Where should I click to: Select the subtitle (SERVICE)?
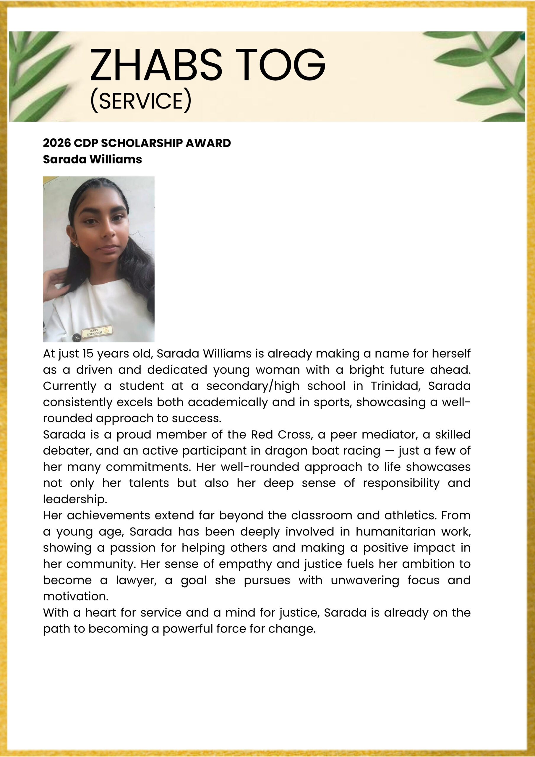tap(140, 100)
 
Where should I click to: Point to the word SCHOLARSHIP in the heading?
tap(141, 143)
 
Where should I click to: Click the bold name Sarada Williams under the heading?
tap(92, 159)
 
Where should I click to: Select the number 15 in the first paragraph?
tap(88, 353)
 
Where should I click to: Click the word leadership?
tap(75, 499)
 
